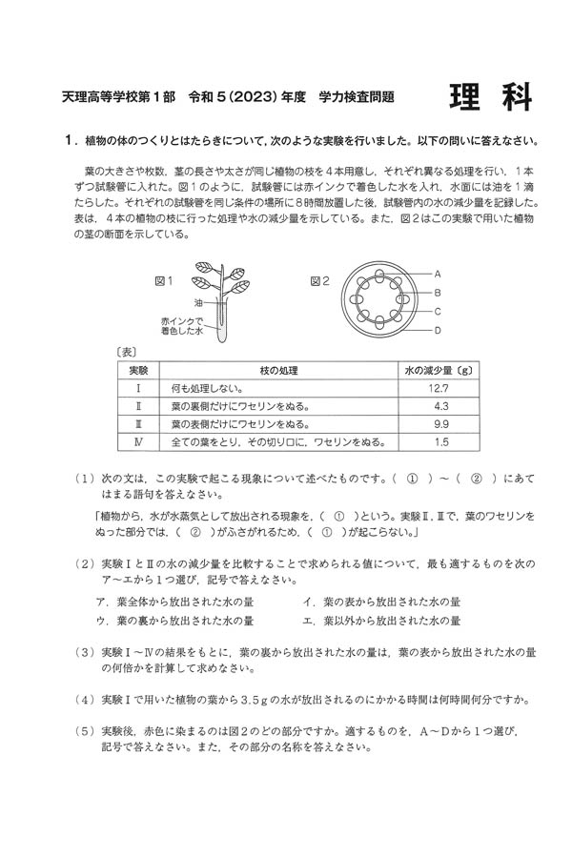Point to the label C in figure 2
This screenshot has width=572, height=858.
[438, 311]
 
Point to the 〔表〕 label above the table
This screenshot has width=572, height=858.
[124, 352]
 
